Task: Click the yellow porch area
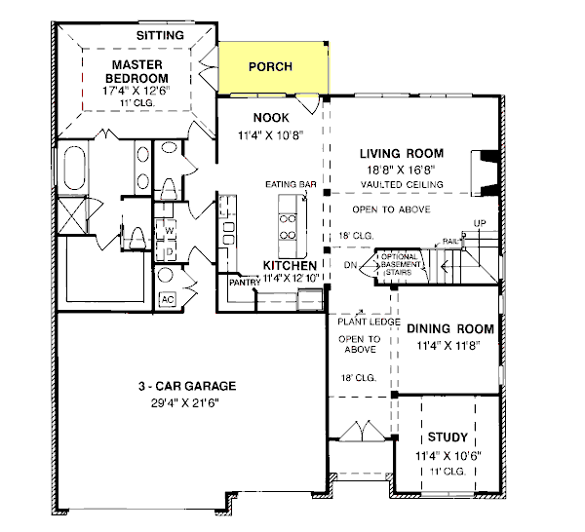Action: pyautogui.click(x=273, y=68)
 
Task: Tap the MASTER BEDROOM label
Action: pyautogui.click(x=136, y=71)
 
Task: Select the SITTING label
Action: pyautogui.click(x=160, y=35)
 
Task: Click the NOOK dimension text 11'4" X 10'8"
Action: pyautogui.click(x=271, y=135)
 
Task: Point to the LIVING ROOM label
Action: pyautogui.click(x=402, y=154)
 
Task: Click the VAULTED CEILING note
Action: pyautogui.click(x=402, y=184)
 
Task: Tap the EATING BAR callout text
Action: pyautogui.click(x=291, y=184)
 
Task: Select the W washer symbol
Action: pyautogui.click(x=169, y=231)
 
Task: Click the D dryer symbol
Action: pyautogui.click(x=170, y=252)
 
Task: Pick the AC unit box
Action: pyautogui.click(x=168, y=299)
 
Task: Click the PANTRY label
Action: pyautogui.click(x=245, y=283)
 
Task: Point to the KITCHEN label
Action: pyautogui.click(x=290, y=265)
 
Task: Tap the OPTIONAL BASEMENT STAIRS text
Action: pyautogui.click(x=400, y=264)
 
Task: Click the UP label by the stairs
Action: pyautogui.click(x=480, y=223)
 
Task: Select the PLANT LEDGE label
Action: pyautogui.click(x=369, y=322)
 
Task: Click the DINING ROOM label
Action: pyautogui.click(x=450, y=328)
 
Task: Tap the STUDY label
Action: pyautogui.click(x=448, y=437)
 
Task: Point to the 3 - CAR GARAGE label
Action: pyautogui.click(x=187, y=386)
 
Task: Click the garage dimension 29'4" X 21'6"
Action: pyautogui.click(x=185, y=403)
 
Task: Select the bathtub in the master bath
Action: pyautogui.click(x=75, y=169)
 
